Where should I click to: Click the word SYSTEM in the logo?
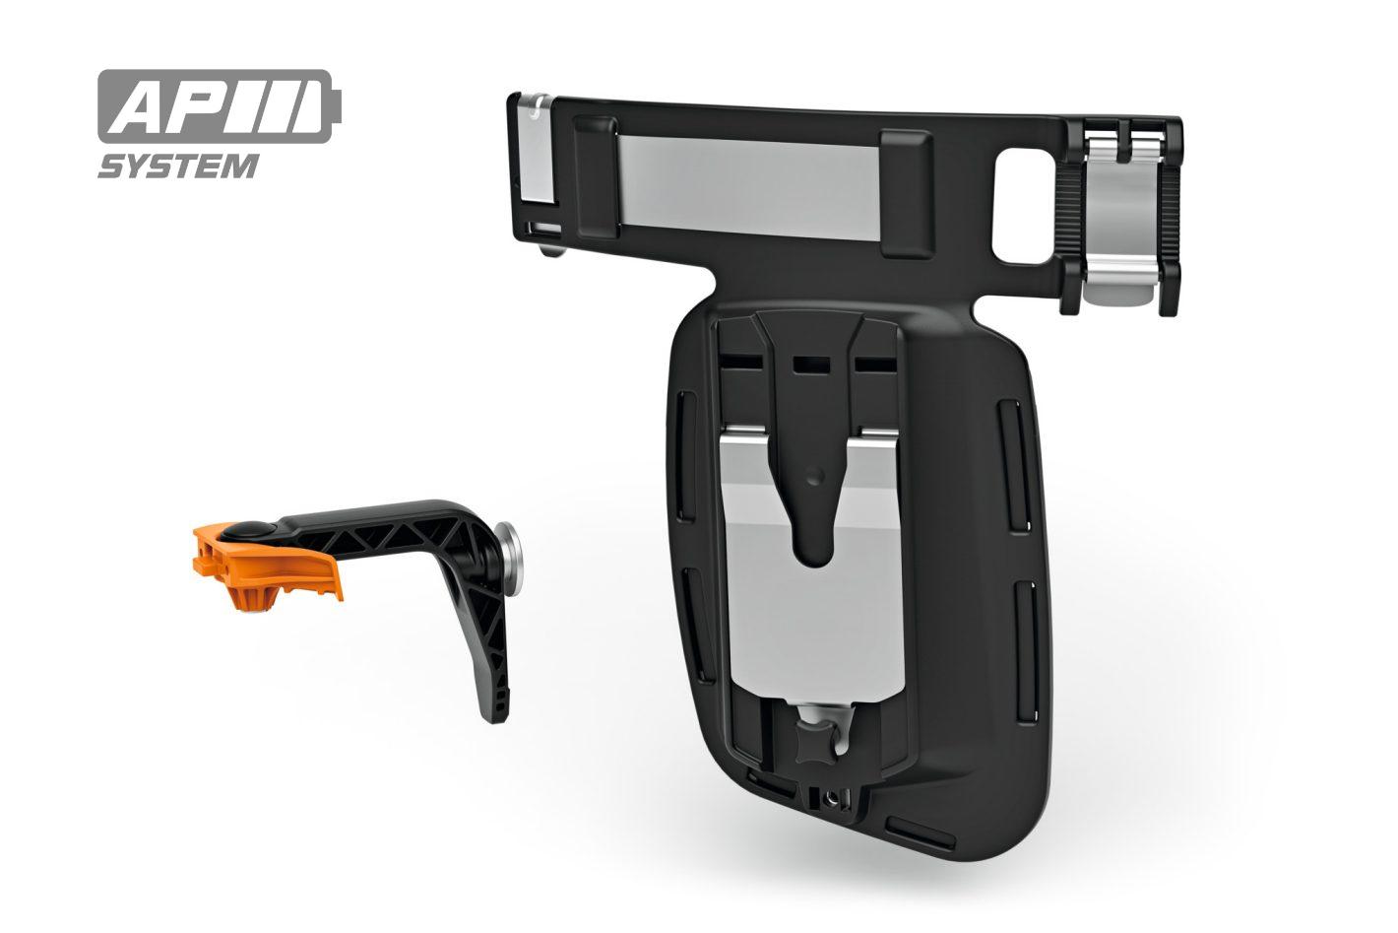178,167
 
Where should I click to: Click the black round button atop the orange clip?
248,530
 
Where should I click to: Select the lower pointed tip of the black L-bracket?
496,718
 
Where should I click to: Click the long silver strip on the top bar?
749,186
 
